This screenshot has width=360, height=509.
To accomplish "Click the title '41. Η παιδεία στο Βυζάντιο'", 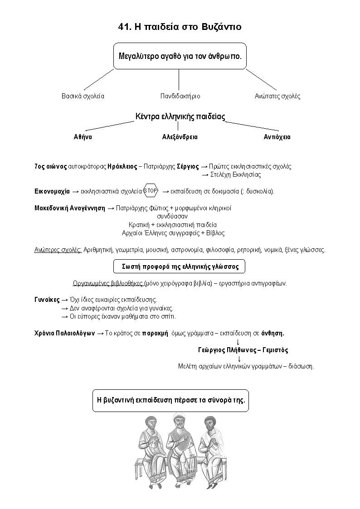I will coord(180,27).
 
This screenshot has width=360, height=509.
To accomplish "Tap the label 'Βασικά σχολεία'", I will coord(83,96).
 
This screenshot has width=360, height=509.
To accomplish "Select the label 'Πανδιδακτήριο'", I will coord(180,96).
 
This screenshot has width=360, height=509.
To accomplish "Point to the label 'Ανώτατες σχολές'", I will coord(277,96).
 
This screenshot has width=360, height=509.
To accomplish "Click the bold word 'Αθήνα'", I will coord(83,137).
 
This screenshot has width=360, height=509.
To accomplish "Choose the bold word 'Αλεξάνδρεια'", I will coord(180,137).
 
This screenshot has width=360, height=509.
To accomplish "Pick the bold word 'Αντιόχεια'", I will coord(277,137).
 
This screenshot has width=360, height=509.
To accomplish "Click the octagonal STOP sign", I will coord(151,191).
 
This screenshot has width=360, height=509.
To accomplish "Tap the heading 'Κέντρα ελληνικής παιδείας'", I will coord(180,116).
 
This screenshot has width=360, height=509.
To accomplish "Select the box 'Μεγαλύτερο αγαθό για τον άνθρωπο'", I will coord(180,57).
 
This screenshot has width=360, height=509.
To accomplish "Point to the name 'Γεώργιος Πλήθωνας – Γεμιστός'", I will coord(243,350).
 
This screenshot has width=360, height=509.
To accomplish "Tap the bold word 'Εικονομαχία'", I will coord(52,191).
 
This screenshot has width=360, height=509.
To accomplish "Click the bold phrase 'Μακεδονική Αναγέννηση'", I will coord(69,208).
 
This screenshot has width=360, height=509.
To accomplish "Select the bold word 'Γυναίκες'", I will coord(47,300).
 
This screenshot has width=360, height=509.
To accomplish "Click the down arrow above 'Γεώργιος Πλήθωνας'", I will coord(238,341).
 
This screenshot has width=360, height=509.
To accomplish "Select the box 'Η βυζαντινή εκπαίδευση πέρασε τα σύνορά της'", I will coord(171,401).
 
